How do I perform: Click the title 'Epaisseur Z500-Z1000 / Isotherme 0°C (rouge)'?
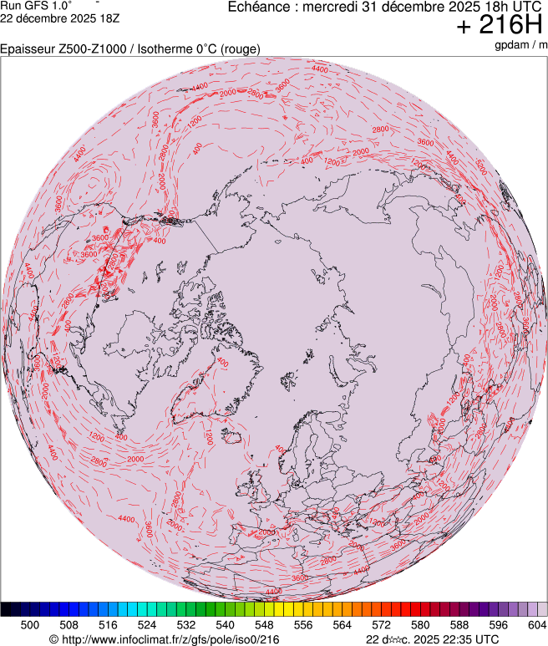tap(130, 49)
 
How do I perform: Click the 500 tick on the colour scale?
tap(30, 624)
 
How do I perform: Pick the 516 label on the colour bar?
tap(108, 624)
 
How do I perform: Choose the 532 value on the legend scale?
tap(186, 624)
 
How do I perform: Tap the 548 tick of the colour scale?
tap(264, 624)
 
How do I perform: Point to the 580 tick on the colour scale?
tap(420, 624)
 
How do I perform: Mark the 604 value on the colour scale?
tap(535, 624)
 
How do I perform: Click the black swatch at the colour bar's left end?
tap(11, 609)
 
